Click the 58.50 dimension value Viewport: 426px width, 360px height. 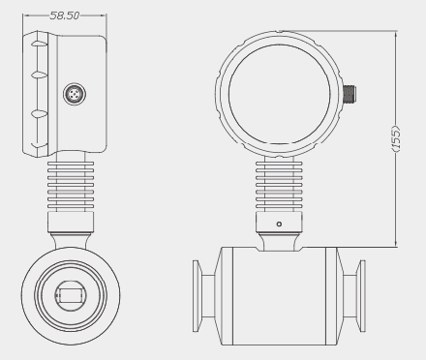pyautogui.click(x=65, y=15)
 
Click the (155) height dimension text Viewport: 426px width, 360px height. pyautogui.click(x=396, y=138)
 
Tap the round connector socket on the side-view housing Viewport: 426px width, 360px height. pyautogui.click(x=75, y=94)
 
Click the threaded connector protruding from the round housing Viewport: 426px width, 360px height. pyautogui.click(x=350, y=93)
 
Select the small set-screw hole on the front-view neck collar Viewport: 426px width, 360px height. pyautogui.click(x=279, y=224)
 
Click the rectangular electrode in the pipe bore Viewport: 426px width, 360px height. pyautogui.click(x=71, y=296)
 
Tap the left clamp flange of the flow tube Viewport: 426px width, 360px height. pyautogui.click(x=197, y=296)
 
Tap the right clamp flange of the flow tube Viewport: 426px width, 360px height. pyautogui.click(x=361, y=296)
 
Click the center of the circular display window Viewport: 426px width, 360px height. pyautogui.click(x=280, y=94)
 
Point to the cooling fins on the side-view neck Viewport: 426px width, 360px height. pyautogui.click(x=71, y=185)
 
